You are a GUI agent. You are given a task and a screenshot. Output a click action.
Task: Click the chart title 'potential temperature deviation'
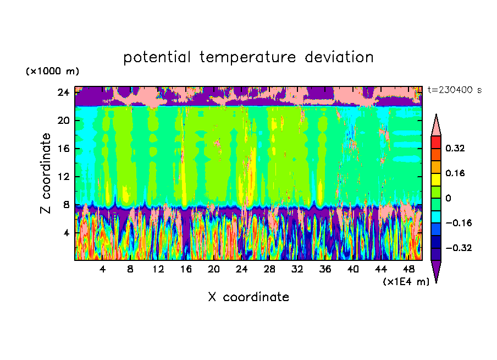click(x=248, y=57)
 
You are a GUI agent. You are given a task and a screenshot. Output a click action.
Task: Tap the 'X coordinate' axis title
click(x=248, y=297)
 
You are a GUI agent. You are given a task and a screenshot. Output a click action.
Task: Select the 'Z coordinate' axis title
click(x=46, y=173)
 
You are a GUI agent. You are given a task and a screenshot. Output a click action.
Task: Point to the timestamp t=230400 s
click(x=455, y=90)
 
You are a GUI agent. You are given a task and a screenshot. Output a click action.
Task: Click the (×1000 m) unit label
click(x=53, y=72)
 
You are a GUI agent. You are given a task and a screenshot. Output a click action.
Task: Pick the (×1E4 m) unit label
click(x=406, y=282)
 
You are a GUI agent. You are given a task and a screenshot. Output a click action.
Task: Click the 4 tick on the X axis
click(x=102, y=269)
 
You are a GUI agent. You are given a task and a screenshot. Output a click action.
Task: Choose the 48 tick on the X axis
click(x=408, y=269)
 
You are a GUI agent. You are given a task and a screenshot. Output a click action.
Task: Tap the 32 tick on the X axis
click(x=297, y=269)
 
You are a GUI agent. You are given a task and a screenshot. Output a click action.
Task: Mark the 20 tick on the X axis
click(x=213, y=269)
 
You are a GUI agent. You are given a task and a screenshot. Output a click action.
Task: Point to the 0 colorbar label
click(x=449, y=198)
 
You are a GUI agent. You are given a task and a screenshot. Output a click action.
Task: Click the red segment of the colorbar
click(x=436, y=141)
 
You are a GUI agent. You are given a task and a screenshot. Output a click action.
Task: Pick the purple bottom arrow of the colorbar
click(x=436, y=270)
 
